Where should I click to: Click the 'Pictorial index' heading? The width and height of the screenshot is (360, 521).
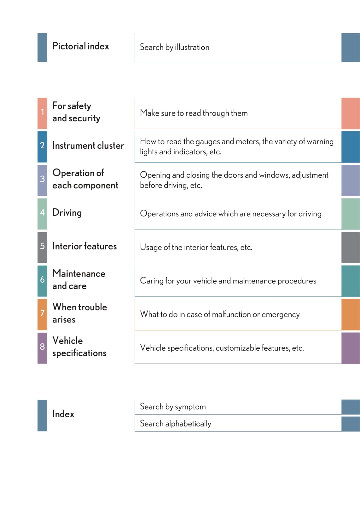pos(80,46)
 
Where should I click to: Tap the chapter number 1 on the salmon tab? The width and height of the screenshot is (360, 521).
pos(42,112)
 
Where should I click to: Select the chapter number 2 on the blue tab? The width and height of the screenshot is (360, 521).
pos(42,146)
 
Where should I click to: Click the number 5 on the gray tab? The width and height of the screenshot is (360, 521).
pos(42,246)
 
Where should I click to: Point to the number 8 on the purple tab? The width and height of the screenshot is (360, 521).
pos(42,346)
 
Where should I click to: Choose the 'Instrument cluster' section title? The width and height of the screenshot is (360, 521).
pos(88,146)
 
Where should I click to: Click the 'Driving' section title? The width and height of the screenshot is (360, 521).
pos(67,213)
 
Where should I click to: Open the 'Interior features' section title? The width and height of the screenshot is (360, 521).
pos(84,246)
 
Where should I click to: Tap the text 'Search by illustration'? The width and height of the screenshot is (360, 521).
pos(174,47)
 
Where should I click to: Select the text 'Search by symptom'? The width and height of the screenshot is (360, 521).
pos(172,407)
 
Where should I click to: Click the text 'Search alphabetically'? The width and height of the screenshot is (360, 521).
pos(175,424)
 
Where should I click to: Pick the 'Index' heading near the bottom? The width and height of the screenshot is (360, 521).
pos(63,414)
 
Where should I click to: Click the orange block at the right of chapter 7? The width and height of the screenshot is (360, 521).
pos(350,314)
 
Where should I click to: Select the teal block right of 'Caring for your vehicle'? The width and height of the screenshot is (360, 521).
pos(350,281)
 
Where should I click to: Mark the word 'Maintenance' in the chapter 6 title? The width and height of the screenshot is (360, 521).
pos(79,273)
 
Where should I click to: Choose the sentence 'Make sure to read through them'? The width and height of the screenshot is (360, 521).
pos(194,113)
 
